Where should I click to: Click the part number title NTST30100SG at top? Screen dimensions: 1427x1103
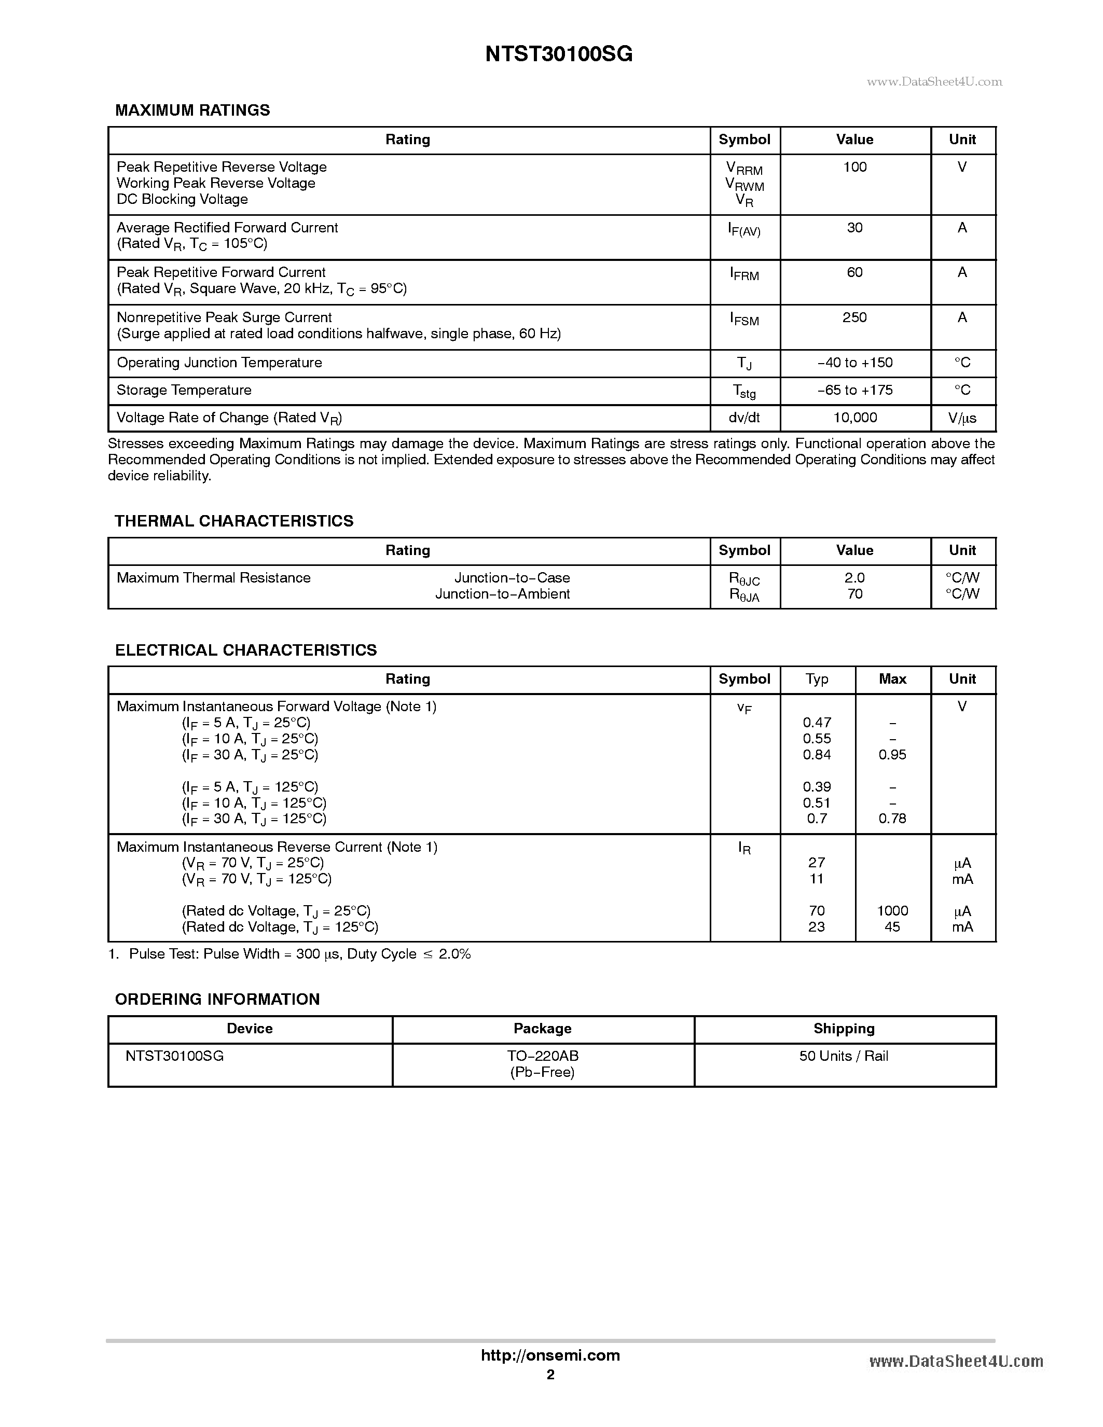click(x=559, y=54)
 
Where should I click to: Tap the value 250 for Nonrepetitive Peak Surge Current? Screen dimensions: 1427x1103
click(x=854, y=317)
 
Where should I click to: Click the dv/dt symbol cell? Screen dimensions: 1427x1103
click(x=744, y=418)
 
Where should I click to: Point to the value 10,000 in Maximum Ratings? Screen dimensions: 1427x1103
click(x=854, y=418)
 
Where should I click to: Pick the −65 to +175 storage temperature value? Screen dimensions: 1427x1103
click(x=854, y=390)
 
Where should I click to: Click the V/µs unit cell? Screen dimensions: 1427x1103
click(x=962, y=418)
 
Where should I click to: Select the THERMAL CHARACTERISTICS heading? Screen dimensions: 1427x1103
click(x=234, y=521)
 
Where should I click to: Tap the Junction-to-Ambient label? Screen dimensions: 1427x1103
click(x=503, y=594)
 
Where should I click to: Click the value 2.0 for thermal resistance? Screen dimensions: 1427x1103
click(x=854, y=578)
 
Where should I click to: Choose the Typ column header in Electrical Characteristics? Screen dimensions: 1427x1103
click(x=817, y=679)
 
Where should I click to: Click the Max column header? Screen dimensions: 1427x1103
click(x=892, y=679)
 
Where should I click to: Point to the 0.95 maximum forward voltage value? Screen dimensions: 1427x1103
click(x=892, y=755)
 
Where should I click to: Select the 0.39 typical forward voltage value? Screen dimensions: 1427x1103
click(x=817, y=787)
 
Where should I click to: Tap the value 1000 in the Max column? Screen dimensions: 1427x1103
click(x=892, y=911)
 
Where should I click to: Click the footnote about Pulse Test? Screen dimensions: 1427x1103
click(x=289, y=954)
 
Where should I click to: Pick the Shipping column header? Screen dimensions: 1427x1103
click(x=844, y=1029)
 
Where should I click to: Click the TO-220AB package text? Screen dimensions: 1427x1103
click(x=542, y=1056)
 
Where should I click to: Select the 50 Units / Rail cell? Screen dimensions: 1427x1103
click(x=844, y=1056)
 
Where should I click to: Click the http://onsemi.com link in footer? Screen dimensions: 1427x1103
click(x=550, y=1356)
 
